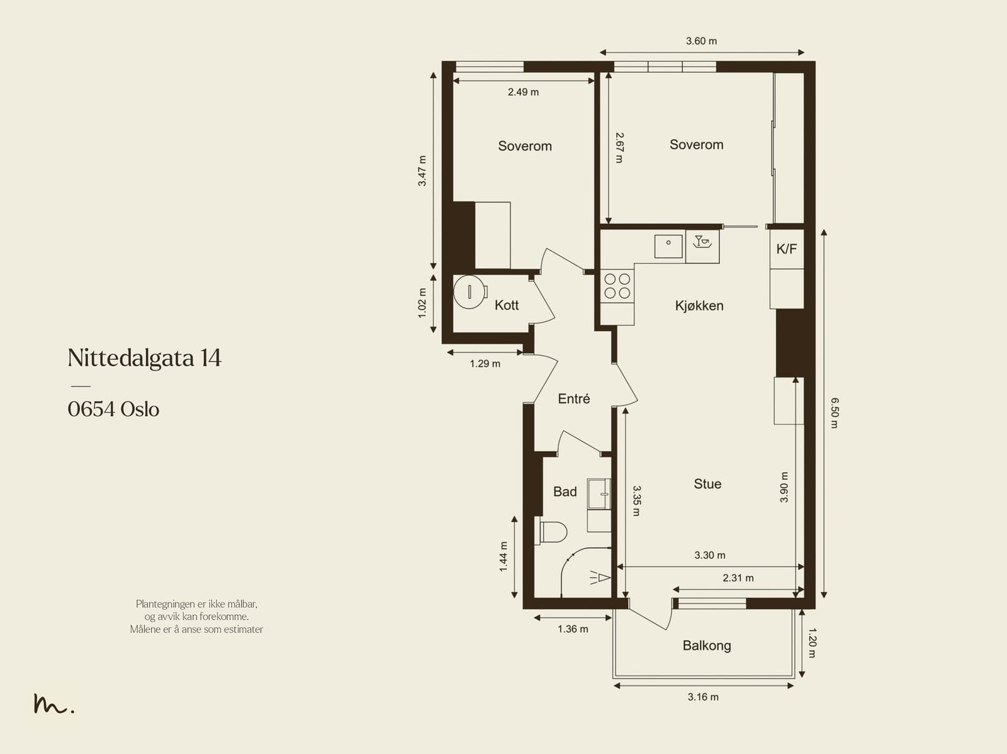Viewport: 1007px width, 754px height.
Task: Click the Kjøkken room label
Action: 699,306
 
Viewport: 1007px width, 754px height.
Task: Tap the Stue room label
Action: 707,484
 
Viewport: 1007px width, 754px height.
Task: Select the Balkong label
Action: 706,646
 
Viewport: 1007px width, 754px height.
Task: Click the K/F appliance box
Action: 786,249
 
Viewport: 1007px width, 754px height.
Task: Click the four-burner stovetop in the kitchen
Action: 617,286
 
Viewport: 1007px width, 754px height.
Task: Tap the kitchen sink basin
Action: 668,246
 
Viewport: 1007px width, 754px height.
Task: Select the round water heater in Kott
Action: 470,291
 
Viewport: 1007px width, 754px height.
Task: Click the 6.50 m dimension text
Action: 835,412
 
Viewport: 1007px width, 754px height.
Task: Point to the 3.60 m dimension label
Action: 701,41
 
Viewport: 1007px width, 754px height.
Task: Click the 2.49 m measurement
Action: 523,92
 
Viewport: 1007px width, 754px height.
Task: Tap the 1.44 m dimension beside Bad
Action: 503,556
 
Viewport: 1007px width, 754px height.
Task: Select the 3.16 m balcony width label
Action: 702,697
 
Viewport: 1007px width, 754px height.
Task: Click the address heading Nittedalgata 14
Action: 144,358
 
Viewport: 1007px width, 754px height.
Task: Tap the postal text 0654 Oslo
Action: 113,409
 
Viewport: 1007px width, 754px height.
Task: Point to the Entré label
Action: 573,399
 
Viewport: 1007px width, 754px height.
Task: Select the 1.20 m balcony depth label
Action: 811,643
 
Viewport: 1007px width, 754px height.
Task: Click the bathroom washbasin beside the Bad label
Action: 599,493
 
